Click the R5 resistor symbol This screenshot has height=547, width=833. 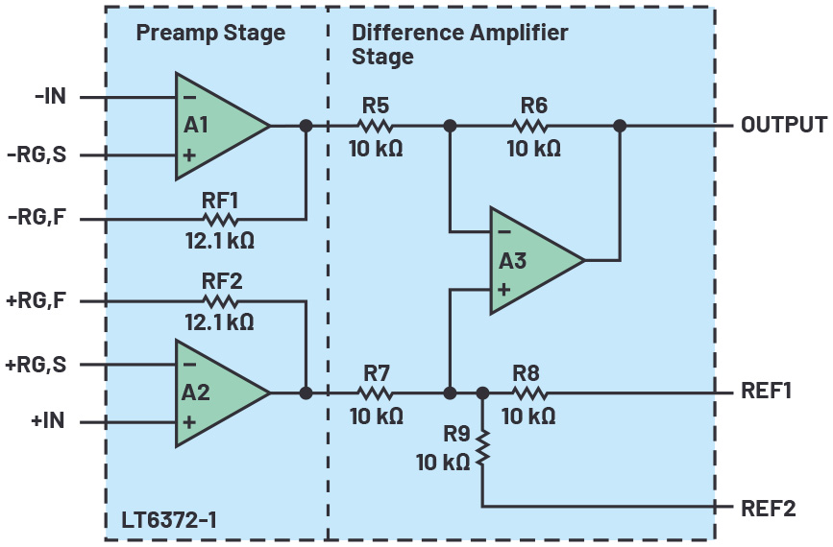click(x=375, y=126)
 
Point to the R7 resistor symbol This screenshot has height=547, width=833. click(x=375, y=392)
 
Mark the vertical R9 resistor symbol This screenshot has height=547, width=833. click(x=482, y=448)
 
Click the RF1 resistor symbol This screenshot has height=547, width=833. click(x=219, y=220)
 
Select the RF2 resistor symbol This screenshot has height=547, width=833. click(x=219, y=301)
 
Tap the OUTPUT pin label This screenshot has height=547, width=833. click(x=783, y=126)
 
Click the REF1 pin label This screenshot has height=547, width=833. click(x=766, y=392)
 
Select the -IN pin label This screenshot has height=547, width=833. click(x=49, y=97)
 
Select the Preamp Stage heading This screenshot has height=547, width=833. click(x=210, y=33)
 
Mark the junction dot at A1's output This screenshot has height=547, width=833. click(x=306, y=126)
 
